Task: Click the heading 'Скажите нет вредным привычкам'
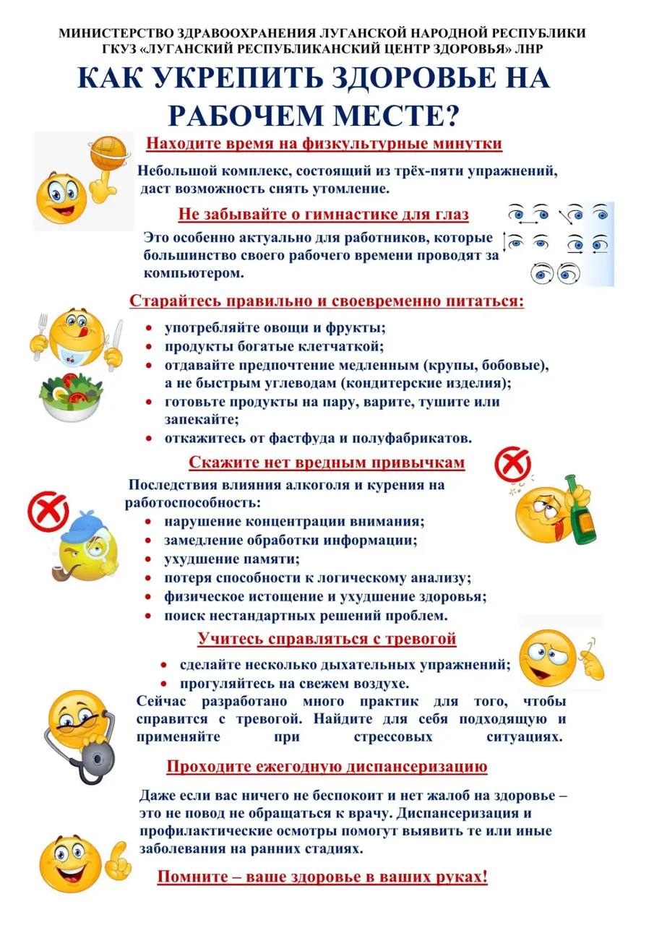click(327, 462)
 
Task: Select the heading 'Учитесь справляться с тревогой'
click(327, 639)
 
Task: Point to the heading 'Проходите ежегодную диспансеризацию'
click(327, 766)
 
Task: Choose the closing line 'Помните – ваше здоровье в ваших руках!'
click(322, 877)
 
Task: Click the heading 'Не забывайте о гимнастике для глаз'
click(323, 215)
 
